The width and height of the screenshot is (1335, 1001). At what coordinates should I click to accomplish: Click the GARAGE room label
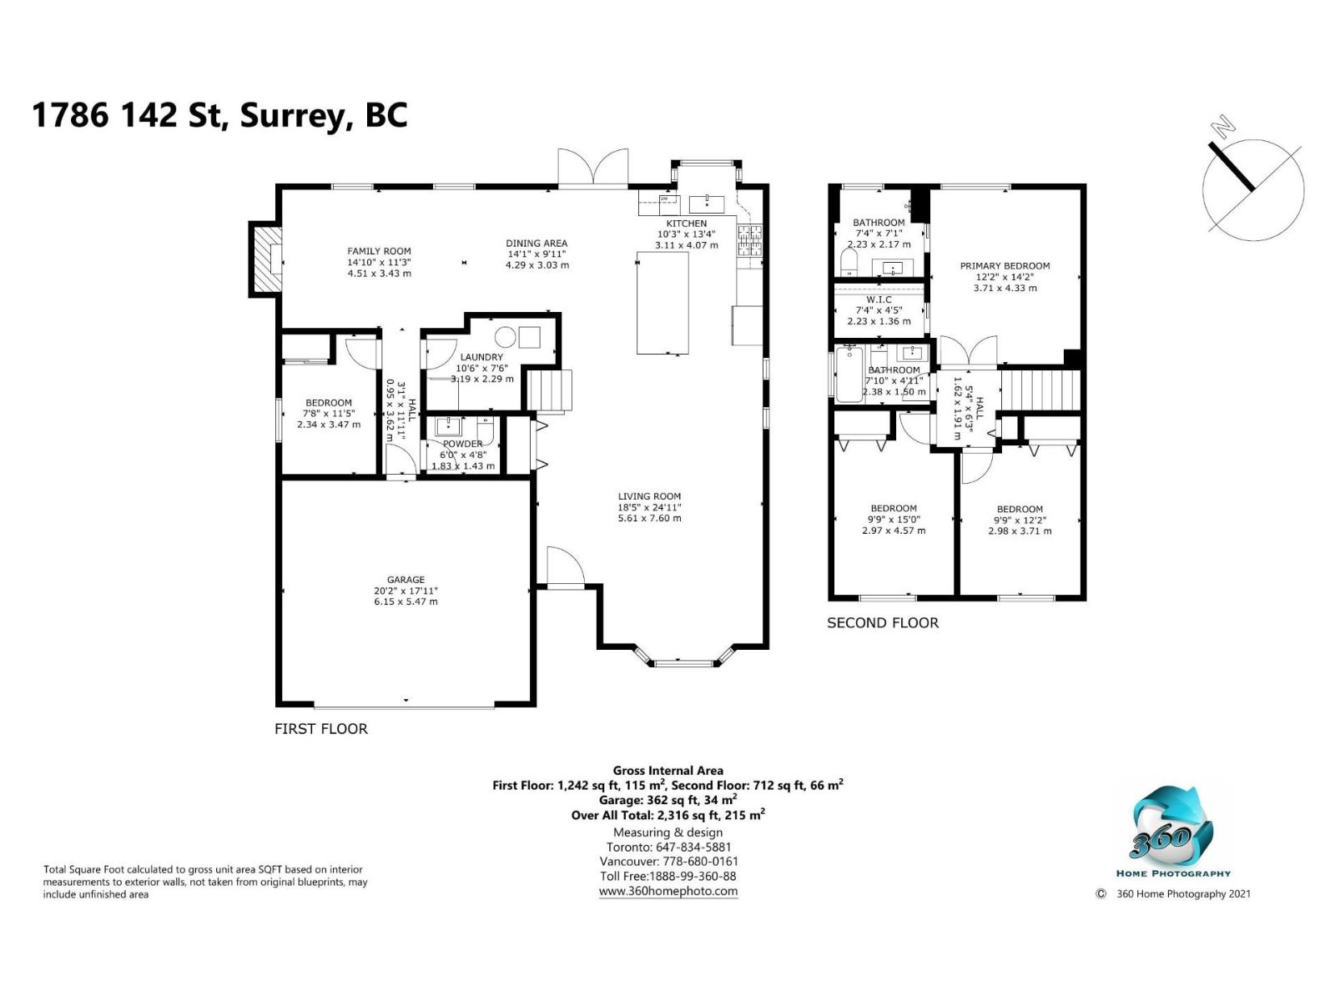pos(406,580)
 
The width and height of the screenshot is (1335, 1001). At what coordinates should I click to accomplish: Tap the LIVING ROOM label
pos(649,496)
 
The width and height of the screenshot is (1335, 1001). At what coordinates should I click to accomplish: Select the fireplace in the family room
pos(266,259)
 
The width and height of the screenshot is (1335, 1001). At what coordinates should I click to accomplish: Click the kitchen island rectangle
pos(662,303)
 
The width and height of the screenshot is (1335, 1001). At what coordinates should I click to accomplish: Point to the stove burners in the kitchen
pos(750,239)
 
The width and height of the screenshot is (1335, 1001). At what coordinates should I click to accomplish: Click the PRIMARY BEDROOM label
pos(1005,265)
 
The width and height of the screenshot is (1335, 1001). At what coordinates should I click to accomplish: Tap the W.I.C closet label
pos(879,299)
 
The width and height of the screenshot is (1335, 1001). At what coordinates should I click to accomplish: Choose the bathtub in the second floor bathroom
pos(849,374)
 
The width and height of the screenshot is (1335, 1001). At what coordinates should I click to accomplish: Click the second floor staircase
pos(1040,392)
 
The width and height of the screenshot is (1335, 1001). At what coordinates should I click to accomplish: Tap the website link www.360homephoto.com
pos(667,891)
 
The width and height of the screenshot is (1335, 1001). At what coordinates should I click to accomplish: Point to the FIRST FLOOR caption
pos(321,729)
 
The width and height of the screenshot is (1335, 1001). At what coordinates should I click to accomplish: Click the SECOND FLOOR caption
pos(883,623)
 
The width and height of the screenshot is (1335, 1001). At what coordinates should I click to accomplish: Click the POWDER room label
pos(462,444)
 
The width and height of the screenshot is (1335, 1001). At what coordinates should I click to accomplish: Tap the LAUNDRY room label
pos(481,357)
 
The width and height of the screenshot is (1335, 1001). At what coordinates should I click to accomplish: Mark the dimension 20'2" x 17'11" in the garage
pos(406,591)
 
